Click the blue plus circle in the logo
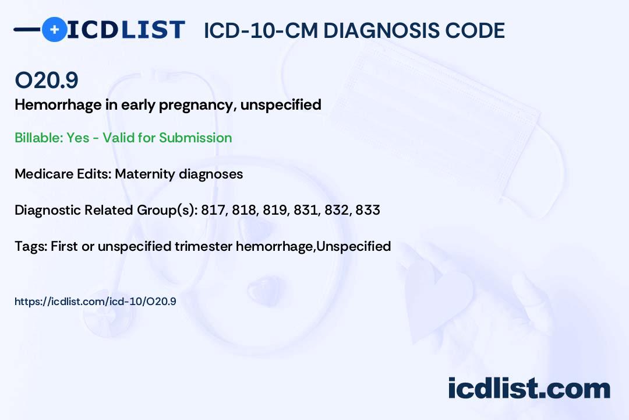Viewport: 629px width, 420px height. tap(54, 29)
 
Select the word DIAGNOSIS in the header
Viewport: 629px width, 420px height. tap(381, 30)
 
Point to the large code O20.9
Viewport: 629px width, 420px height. tap(47, 80)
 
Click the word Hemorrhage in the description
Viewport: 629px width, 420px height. tap(58, 105)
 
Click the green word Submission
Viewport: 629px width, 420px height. tap(195, 138)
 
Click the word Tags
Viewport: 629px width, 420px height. tap(31, 246)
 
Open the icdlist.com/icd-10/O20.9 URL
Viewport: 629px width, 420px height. tap(96, 302)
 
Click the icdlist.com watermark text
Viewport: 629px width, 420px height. tap(529, 388)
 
